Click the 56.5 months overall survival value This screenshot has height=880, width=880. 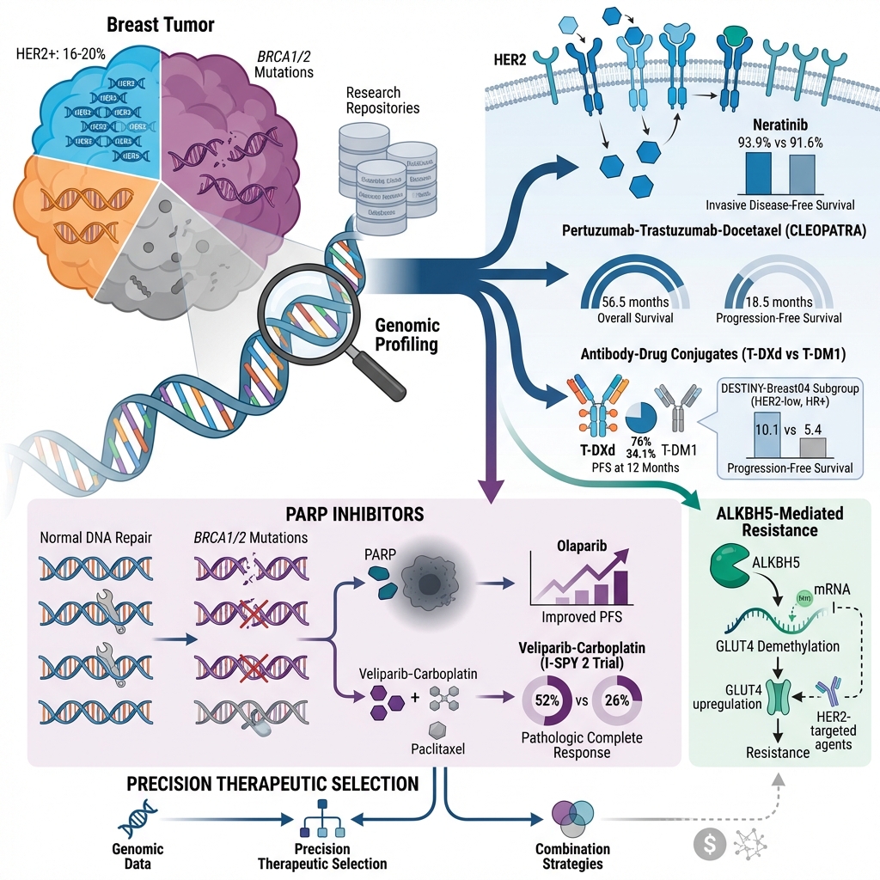[x=635, y=302]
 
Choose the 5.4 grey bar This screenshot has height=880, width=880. [x=812, y=447]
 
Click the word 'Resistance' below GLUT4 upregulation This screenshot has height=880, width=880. [x=777, y=752]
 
